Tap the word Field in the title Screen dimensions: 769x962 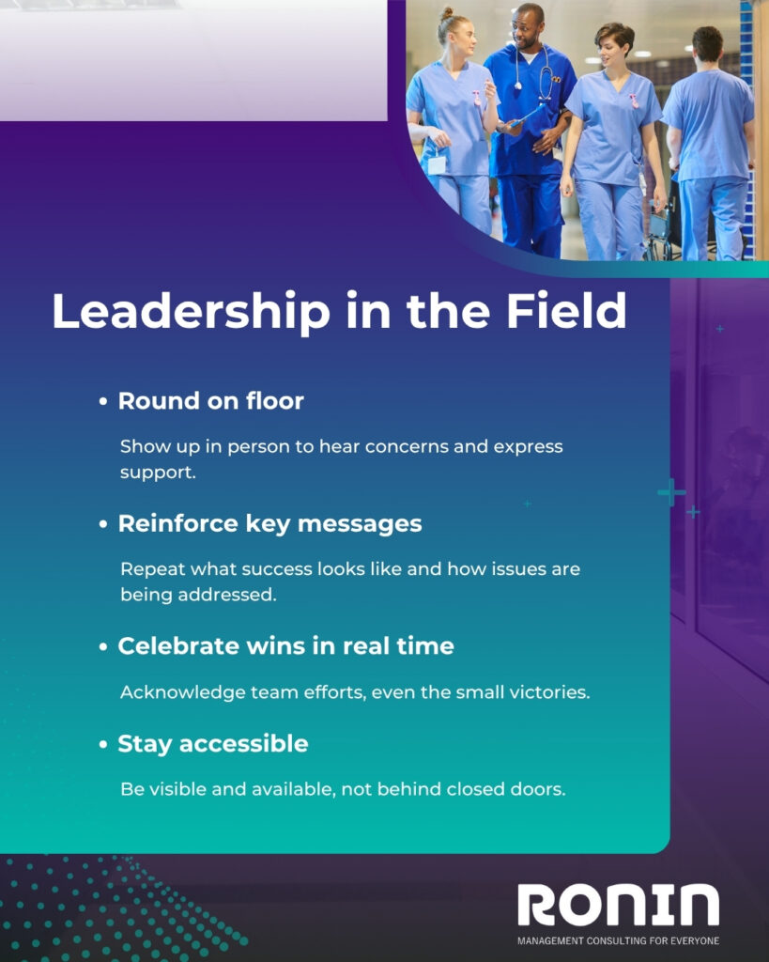pos(566,310)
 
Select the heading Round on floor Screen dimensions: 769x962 pos(211,400)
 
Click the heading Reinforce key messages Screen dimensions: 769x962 pos(269,524)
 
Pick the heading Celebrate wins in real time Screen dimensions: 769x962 pos(285,646)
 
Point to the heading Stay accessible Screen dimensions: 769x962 pos(213,744)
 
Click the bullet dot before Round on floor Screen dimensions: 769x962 pos(103,402)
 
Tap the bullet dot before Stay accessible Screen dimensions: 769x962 pos(103,745)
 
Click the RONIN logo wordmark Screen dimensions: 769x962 pos(618,905)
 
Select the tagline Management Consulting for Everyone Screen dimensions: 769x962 pos(618,940)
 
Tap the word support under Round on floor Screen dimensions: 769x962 pos(158,473)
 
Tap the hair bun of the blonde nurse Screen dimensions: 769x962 pos(446,14)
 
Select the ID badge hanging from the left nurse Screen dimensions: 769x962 pos(437,163)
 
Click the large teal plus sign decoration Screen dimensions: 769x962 pos(671,492)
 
